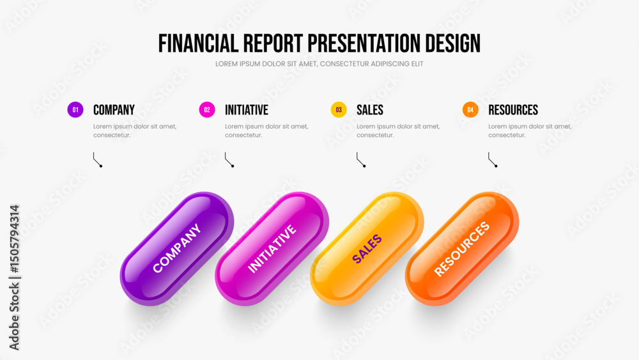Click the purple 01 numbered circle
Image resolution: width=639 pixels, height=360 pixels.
75,110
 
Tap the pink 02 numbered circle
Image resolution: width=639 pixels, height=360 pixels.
207,110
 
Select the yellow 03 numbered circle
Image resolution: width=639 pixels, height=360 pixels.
339,110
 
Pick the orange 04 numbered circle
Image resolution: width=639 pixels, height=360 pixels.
470,110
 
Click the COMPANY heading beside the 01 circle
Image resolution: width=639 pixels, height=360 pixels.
114,110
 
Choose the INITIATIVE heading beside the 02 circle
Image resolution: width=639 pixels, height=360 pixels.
247,110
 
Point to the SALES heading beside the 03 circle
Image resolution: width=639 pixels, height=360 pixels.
369,110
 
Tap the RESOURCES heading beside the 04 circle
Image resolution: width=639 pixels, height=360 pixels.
513,110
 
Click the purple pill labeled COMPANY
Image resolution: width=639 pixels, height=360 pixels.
177,249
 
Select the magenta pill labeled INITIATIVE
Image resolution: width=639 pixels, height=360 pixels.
272,249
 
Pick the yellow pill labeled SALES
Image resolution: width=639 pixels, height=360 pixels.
367,249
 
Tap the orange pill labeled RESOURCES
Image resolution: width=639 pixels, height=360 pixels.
462,249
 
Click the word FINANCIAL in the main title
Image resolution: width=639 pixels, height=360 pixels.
199,43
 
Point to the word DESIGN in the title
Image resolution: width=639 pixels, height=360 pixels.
453,43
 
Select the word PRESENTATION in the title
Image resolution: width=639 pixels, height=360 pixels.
364,43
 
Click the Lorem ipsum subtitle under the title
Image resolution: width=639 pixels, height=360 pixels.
319,64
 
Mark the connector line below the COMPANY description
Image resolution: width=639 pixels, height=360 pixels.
97,159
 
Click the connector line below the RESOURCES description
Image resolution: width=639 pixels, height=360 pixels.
493,159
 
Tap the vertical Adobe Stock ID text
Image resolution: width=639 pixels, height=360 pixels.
14,278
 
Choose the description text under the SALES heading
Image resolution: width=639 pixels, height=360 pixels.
398,130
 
